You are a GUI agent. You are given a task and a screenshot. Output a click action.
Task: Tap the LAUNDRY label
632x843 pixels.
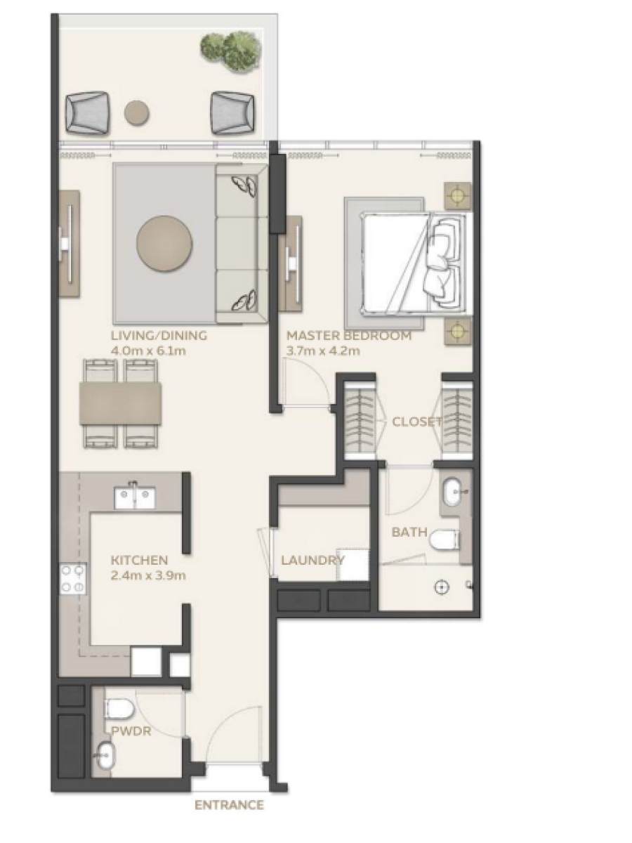312,561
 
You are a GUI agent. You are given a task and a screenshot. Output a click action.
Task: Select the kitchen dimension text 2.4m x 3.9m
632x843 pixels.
148,575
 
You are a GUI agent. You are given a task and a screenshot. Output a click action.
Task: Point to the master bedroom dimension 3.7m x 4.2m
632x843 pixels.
323,351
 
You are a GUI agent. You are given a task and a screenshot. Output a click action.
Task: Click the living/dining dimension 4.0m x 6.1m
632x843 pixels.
148,351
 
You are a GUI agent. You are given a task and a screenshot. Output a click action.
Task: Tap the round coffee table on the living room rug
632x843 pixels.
164,244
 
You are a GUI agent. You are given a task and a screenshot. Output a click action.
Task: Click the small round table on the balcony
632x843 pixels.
137,113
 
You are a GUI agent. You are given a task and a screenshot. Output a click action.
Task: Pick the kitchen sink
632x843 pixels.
135,498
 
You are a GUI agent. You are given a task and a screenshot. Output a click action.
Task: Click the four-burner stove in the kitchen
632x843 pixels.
72,579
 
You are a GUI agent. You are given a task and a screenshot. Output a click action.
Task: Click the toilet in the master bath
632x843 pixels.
444,540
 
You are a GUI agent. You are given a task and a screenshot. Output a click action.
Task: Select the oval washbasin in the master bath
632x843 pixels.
453,492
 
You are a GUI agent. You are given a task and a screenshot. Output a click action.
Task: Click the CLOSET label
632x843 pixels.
417,421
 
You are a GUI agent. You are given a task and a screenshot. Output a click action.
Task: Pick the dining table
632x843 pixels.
121,403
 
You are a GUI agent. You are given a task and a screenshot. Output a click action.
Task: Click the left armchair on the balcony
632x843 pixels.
87,113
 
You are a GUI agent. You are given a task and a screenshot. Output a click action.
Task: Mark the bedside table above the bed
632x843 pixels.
458,195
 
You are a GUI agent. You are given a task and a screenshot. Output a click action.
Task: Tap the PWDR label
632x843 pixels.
131,731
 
